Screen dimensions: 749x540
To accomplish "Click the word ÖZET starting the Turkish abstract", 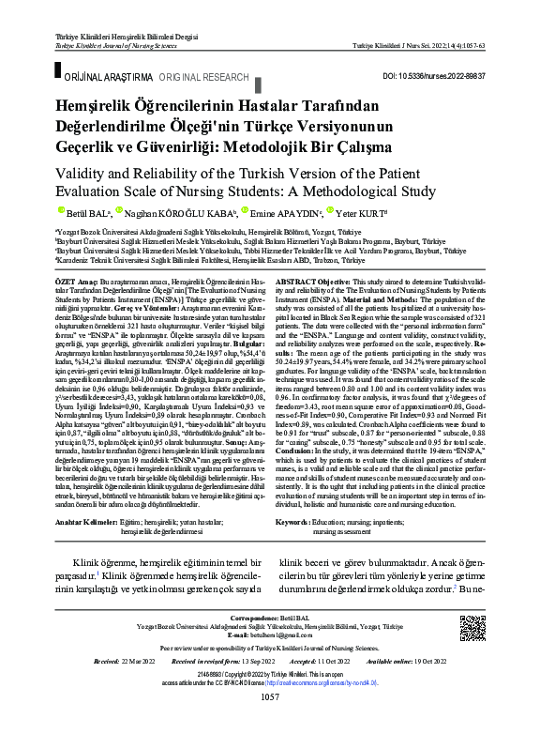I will pyautogui.click(x=67, y=281).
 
